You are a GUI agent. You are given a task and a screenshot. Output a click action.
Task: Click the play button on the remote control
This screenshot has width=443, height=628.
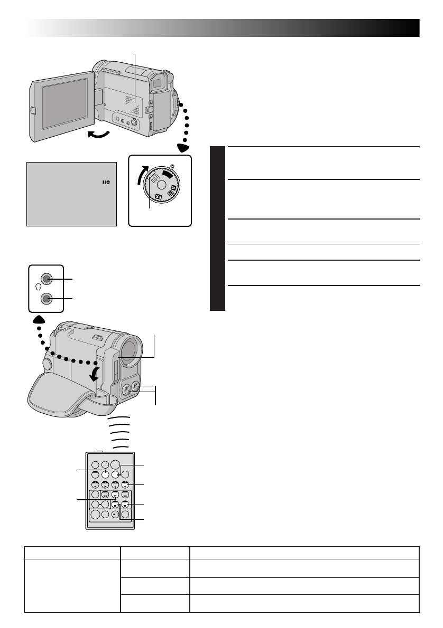pos(115,495)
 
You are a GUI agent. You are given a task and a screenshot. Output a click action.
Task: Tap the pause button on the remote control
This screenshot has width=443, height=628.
pos(125,505)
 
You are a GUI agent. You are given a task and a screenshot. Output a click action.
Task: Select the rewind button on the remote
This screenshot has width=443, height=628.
pos(105,495)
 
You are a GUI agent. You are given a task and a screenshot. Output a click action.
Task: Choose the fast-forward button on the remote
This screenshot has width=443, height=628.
pos(125,495)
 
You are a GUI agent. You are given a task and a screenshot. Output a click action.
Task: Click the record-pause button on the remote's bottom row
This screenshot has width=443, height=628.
pos(115,515)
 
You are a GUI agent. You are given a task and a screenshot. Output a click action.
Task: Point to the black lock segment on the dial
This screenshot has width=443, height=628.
pos(168,173)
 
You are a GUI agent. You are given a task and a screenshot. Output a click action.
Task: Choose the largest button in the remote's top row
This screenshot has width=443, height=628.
pos(115,464)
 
